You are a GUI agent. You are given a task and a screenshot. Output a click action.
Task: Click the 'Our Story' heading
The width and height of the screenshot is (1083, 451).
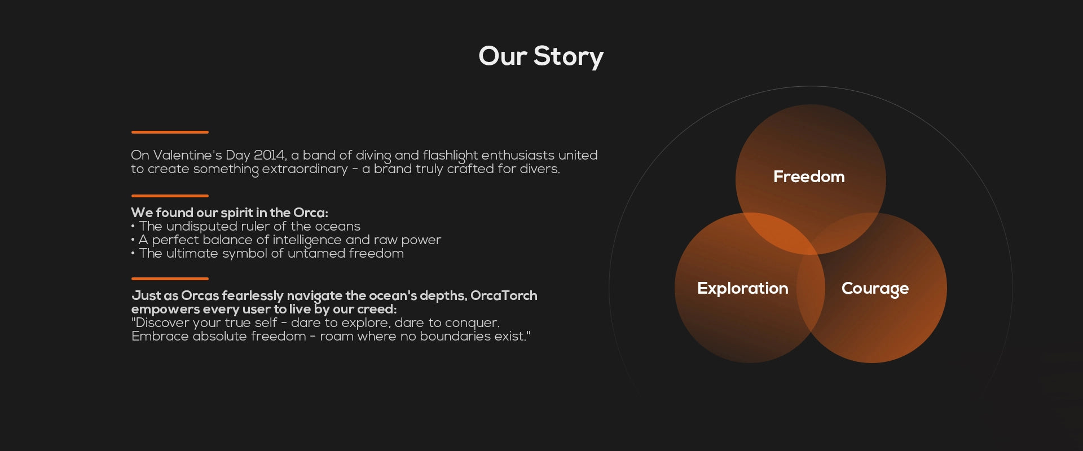coord(541,56)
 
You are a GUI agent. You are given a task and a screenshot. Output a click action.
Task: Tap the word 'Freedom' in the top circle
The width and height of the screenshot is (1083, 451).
coord(809,176)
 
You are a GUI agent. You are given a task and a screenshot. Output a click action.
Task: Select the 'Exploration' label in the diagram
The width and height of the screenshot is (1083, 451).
coord(743,288)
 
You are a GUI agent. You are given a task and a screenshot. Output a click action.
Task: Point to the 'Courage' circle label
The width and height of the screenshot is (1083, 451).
coord(875,289)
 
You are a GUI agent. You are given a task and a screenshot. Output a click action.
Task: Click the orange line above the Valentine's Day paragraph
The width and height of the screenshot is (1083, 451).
coord(170,132)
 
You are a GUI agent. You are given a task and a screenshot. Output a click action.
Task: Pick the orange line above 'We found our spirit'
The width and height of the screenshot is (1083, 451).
coord(170,196)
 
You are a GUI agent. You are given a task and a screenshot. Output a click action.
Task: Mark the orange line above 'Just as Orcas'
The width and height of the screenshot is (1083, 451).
coord(170,278)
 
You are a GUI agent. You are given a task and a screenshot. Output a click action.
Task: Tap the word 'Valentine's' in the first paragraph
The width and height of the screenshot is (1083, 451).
coord(188,155)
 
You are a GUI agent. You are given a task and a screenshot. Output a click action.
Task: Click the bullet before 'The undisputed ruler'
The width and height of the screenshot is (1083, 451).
coord(133,227)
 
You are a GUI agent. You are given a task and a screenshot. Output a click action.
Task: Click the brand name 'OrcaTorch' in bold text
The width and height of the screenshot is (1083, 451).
coord(504,295)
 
